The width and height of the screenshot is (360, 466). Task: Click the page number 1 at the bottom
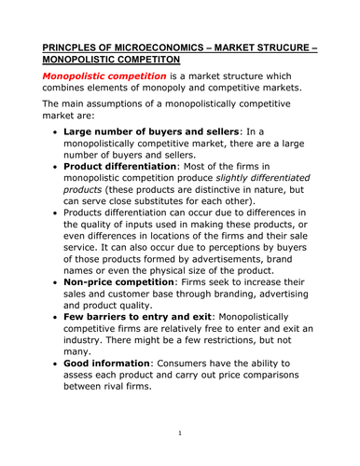pyautogui.click(x=179, y=434)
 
